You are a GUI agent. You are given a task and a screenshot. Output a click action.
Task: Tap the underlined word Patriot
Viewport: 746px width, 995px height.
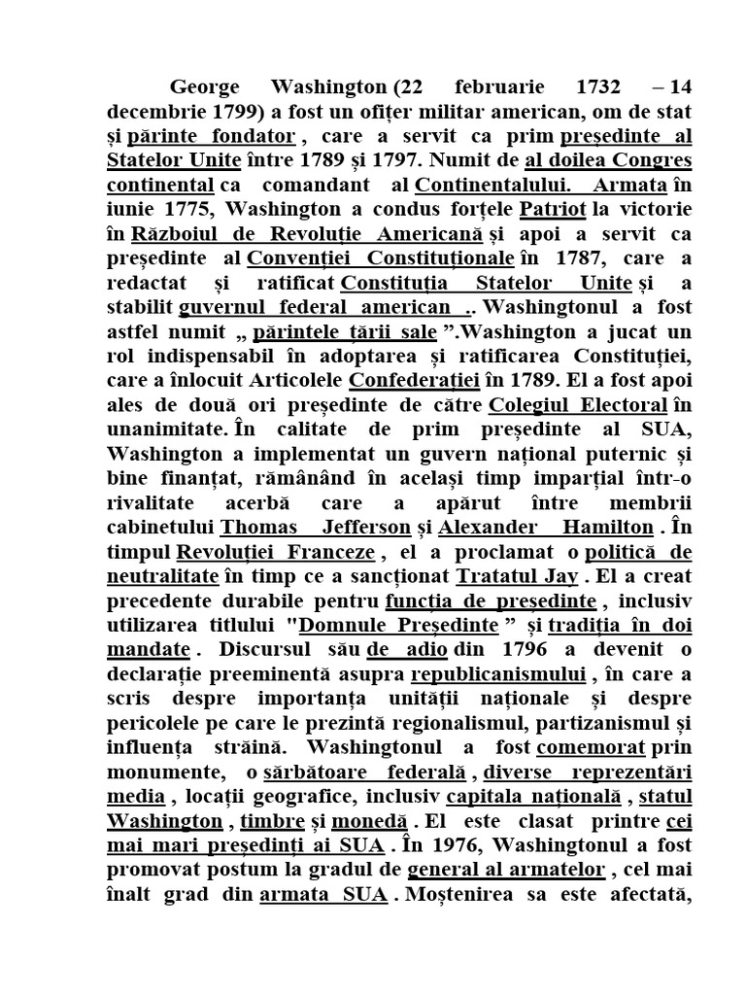pos(553,210)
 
